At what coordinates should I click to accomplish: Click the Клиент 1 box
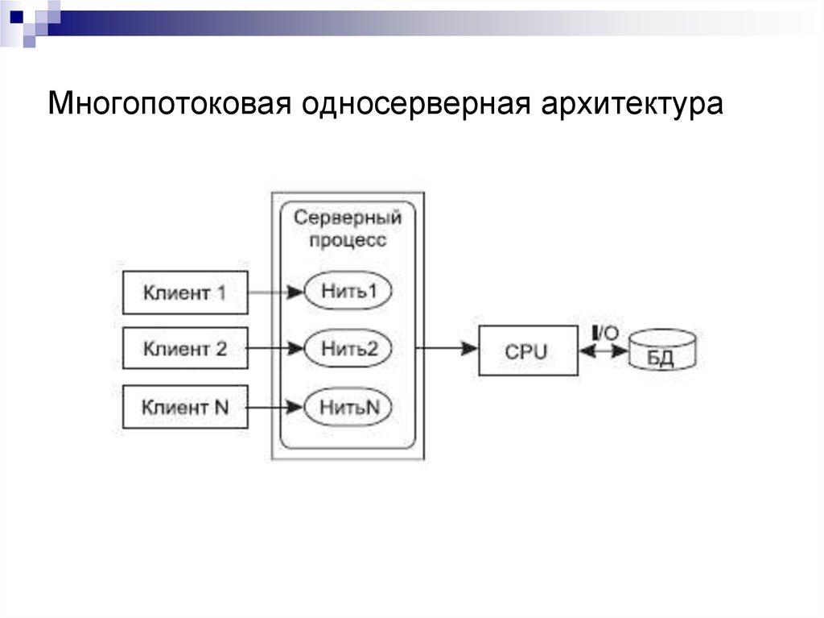(x=184, y=292)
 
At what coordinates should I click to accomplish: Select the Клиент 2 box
(x=184, y=349)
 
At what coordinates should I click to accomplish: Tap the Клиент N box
(x=184, y=407)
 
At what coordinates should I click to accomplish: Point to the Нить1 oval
(x=348, y=292)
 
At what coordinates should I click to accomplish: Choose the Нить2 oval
(x=348, y=349)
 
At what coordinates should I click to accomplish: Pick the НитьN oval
(x=348, y=407)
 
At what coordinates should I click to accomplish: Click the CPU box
(x=527, y=350)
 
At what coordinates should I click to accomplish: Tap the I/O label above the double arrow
(x=604, y=332)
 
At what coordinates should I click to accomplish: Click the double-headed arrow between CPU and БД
(x=604, y=350)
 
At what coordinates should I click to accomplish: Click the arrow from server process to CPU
(x=447, y=349)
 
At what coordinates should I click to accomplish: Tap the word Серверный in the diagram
(x=347, y=218)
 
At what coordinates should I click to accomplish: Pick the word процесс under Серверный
(x=348, y=240)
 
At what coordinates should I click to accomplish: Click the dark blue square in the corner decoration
(x=17, y=15)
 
